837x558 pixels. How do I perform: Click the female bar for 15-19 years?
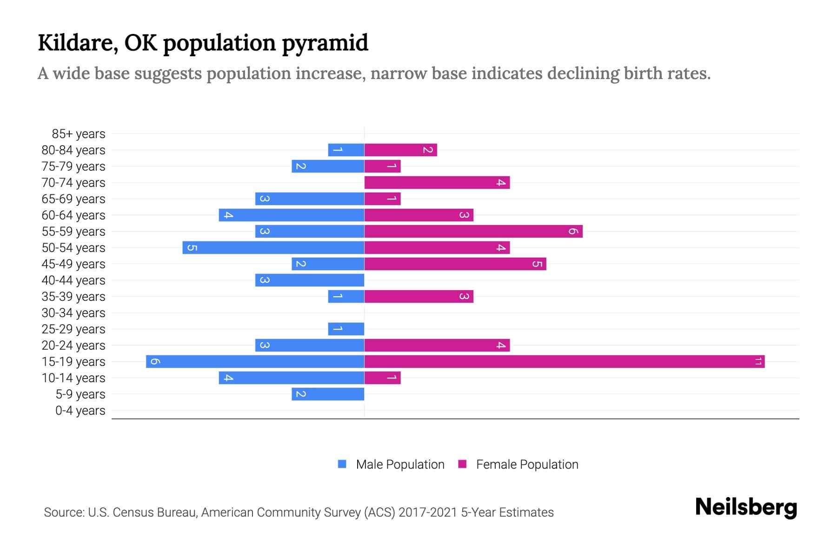[564, 361]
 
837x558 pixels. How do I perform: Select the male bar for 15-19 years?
[255, 361]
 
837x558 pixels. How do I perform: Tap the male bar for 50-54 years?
[273, 247]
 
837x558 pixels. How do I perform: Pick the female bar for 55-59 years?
[473, 231]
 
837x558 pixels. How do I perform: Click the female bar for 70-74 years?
[437, 182]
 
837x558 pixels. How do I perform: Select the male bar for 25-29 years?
[346, 329]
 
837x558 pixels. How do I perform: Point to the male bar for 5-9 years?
[328, 394]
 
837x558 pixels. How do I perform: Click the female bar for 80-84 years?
[400, 150]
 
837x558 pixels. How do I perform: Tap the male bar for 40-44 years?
[310, 280]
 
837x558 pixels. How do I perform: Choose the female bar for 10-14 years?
[382, 378]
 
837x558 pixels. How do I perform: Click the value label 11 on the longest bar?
[758, 361]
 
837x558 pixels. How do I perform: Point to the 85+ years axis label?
[79, 134]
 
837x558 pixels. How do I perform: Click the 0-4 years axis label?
[80, 411]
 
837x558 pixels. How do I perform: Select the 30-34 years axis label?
[73, 313]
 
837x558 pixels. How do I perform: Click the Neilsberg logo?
[746, 507]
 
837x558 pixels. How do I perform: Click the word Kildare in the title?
[74, 43]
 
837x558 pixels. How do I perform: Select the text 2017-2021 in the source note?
[427, 512]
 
